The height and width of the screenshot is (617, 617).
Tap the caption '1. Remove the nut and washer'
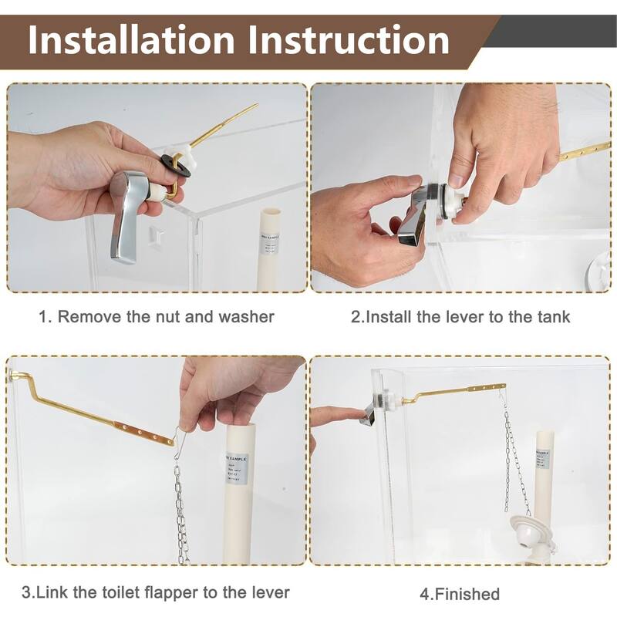(157, 316)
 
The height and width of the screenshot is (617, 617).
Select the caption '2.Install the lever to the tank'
(460, 316)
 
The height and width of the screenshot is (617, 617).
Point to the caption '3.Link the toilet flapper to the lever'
(156, 592)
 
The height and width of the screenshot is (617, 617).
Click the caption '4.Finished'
(460, 594)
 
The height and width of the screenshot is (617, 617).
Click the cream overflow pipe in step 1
(272, 247)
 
